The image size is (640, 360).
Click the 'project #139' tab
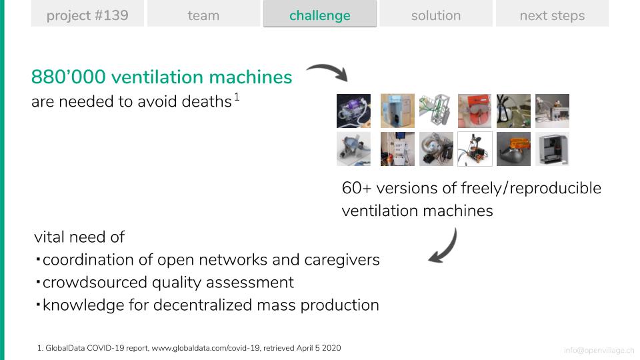pyautogui.click(x=87, y=15)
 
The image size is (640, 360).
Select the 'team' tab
pyautogui.click(x=203, y=15)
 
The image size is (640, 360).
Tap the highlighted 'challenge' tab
pyautogui.click(x=320, y=15)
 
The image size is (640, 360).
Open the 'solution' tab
pyautogui.click(x=436, y=15)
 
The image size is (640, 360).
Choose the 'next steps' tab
pyautogui.click(x=552, y=15)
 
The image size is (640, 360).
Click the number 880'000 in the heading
pyautogui.click(x=69, y=77)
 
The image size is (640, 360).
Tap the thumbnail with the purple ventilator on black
pyautogui.click(x=353, y=111)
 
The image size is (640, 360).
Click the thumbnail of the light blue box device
pyautogui.click(x=397, y=111)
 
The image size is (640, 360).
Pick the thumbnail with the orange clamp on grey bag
pyautogui.click(x=513, y=148)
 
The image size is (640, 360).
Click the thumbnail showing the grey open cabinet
pyautogui.click(x=552, y=148)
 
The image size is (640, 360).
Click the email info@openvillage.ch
pyautogui.click(x=599, y=350)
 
